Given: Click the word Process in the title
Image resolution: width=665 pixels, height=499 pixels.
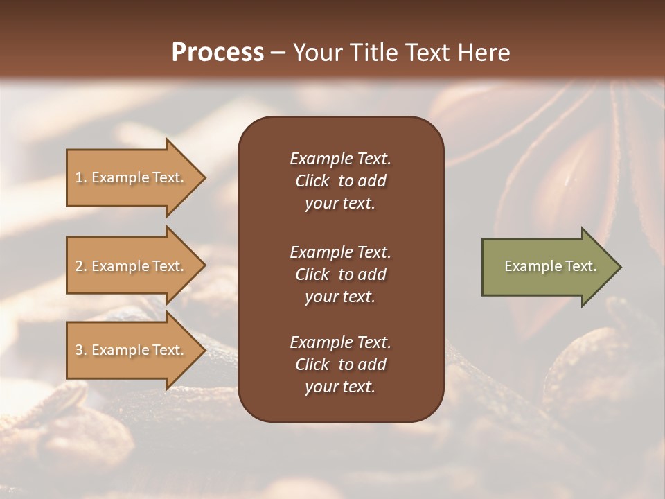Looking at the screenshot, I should point(218,53).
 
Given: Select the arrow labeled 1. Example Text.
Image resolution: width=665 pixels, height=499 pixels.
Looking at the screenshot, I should point(132,177).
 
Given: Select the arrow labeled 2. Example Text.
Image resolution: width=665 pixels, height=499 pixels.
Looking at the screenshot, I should point(132,266).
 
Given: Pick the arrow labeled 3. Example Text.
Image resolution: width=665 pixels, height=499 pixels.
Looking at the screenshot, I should point(132,350).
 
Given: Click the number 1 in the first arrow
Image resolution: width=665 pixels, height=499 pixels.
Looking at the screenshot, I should point(80,177).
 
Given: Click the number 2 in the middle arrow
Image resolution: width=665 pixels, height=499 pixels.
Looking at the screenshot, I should point(80,266).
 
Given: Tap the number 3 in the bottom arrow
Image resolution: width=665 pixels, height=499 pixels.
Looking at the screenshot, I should point(80,350).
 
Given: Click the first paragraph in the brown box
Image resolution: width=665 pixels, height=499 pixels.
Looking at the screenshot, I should point(340,181).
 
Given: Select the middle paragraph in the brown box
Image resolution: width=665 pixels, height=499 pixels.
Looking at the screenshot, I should point(340,274).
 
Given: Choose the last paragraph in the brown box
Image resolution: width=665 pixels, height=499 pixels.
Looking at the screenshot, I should point(340,365).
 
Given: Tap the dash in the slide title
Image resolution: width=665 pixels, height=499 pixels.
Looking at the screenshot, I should point(278,53).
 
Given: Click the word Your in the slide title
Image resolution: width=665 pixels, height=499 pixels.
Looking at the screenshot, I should point(315,53).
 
